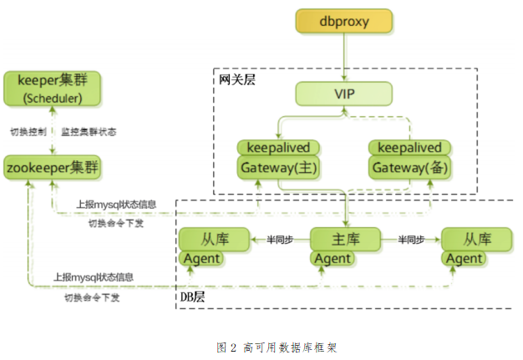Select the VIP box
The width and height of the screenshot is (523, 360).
coord(343,93)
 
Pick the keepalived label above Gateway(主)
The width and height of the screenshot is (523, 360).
coord(278,148)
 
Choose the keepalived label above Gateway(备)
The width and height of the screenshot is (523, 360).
coord(409,148)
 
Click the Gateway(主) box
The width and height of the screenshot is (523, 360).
coord(278,167)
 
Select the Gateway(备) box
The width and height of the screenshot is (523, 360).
coord(409,167)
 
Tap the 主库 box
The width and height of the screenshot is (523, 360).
coord(345,240)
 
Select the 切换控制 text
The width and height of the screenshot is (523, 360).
coord(27,132)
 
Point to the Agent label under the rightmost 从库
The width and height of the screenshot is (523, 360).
coord(465,259)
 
